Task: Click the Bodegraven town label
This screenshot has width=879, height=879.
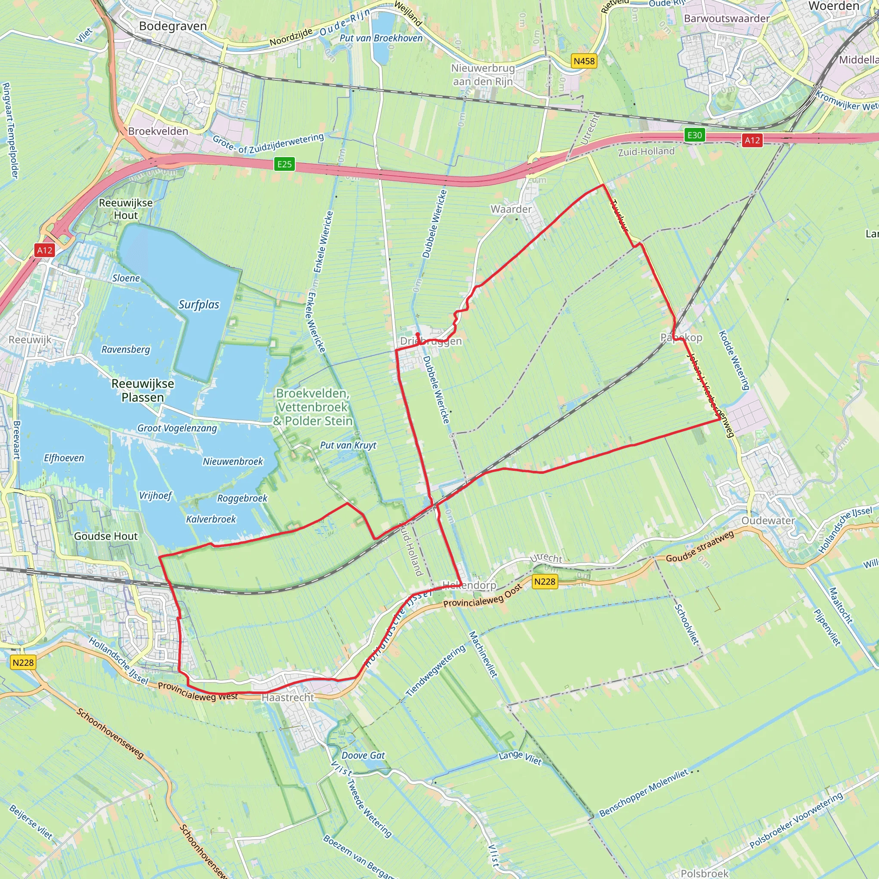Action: point(173,26)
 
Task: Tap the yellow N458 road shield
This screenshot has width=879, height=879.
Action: point(584,61)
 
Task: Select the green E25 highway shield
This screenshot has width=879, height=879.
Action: point(285,164)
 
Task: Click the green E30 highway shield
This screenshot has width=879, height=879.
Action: point(694,135)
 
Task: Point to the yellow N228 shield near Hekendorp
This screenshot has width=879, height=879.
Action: point(545,582)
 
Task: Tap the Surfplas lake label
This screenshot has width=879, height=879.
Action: point(199,305)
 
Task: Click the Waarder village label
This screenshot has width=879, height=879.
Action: point(511,209)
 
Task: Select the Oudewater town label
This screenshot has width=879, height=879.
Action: point(768,521)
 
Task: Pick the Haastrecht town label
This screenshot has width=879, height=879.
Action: point(288,697)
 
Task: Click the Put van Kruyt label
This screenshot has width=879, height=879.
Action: point(348,446)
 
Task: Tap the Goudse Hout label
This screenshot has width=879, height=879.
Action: point(106,536)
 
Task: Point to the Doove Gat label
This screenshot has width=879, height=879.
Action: point(363,756)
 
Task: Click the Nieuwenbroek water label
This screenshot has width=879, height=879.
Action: point(233,462)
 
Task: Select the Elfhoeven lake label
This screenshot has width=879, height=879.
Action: point(64,458)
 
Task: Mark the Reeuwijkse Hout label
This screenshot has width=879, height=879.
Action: point(126,209)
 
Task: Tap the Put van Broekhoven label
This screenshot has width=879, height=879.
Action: point(381,38)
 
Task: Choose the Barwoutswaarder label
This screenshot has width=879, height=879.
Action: point(727,18)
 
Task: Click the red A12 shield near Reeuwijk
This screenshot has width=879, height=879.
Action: point(45,250)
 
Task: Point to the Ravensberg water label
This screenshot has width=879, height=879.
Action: point(126,349)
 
